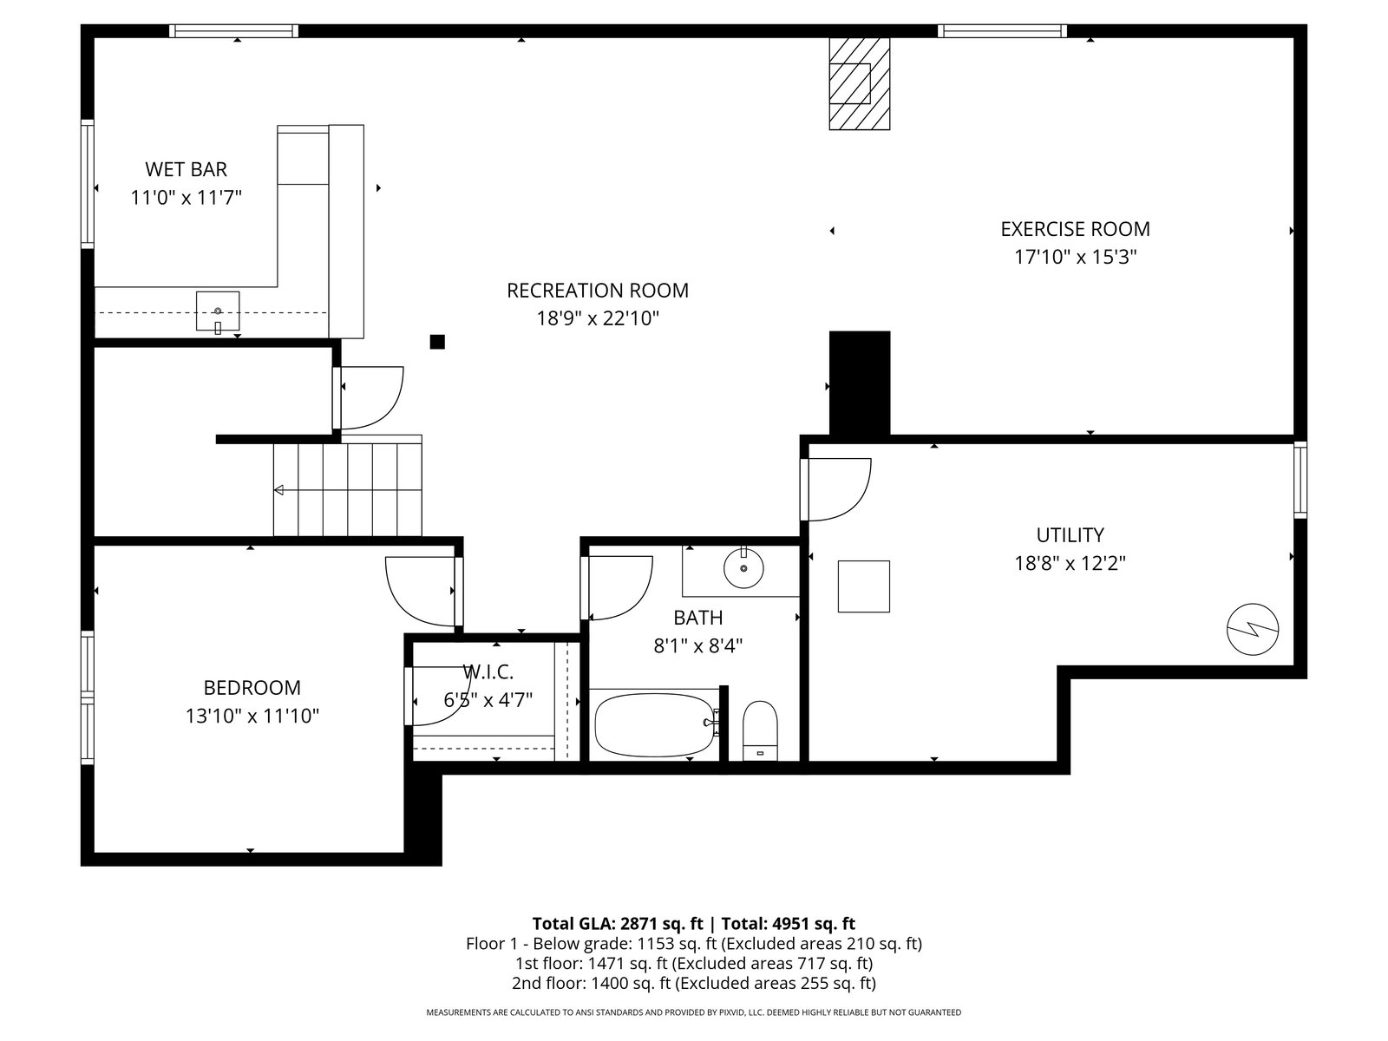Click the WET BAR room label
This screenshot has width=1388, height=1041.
click(186, 169)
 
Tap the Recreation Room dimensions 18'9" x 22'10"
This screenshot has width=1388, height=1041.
click(598, 318)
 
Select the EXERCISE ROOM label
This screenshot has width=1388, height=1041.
click(1075, 229)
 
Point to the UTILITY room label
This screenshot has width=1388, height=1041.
click(1070, 535)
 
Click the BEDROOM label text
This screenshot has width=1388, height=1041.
click(252, 688)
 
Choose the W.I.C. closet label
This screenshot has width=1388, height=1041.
click(488, 671)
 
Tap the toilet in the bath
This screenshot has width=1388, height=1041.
click(759, 730)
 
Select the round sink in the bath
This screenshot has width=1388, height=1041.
click(743, 568)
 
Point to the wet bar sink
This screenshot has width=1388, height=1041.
click(218, 311)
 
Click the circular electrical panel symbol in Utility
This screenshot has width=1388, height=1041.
click(1252, 629)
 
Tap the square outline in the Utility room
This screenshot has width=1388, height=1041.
click(864, 586)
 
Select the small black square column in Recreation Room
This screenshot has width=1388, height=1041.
click(437, 342)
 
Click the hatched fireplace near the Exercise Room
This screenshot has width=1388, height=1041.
click(860, 83)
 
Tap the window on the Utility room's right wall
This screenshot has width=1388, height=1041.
click(1300, 480)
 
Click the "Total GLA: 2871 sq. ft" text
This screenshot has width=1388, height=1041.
click(617, 924)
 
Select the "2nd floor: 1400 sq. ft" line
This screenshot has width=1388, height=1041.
click(694, 983)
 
